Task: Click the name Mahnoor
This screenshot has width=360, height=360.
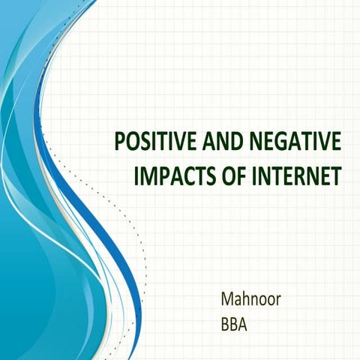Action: tap(250, 299)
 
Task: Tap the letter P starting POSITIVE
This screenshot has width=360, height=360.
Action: tap(117, 141)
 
